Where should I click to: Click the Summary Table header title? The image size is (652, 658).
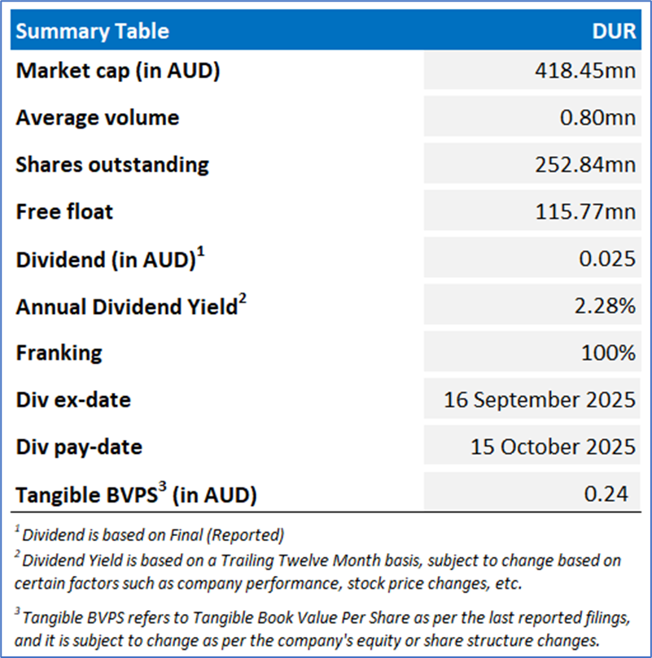[x=93, y=32]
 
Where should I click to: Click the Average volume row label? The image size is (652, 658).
[x=97, y=118]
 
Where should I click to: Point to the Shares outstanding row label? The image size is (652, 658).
[x=112, y=164]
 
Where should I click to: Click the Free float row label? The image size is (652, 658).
[x=64, y=211]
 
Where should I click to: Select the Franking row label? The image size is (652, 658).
[x=59, y=353]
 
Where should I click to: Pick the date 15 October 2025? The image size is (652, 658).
[x=553, y=447]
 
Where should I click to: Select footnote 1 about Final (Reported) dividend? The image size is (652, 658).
[x=151, y=535]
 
